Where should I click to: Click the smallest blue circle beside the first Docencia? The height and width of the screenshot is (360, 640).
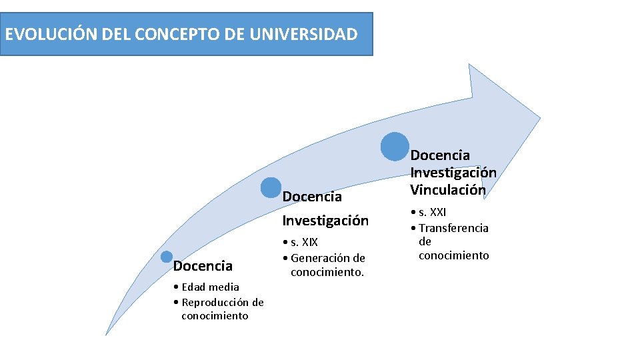pyautogui.click(x=167, y=257)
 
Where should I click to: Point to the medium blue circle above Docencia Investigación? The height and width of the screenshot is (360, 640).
pyautogui.click(x=271, y=188)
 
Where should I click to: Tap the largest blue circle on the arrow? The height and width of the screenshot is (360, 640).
pyautogui.click(x=395, y=146)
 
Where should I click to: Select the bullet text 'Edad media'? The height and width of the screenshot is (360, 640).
pyautogui.click(x=210, y=287)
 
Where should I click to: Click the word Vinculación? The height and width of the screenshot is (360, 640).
pyautogui.click(x=448, y=190)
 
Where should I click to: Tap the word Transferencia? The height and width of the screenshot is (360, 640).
pyautogui.click(x=453, y=228)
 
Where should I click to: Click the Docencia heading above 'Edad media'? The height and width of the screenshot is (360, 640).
pyautogui.click(x=203, y=266)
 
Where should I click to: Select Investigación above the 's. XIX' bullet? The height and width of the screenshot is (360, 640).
pyautogui.click(x=325, y=220)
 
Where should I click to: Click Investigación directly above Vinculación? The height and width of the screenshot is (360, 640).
pyautogui.click(x=453, y=173)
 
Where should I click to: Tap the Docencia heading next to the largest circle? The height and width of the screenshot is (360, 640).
pyautogui.click(x=440, y=155)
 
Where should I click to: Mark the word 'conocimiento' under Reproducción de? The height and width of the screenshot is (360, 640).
pyautogui.click(x=214, y=316)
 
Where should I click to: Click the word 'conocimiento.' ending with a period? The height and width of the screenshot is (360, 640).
pyautogui.click(x=327, y=272)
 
